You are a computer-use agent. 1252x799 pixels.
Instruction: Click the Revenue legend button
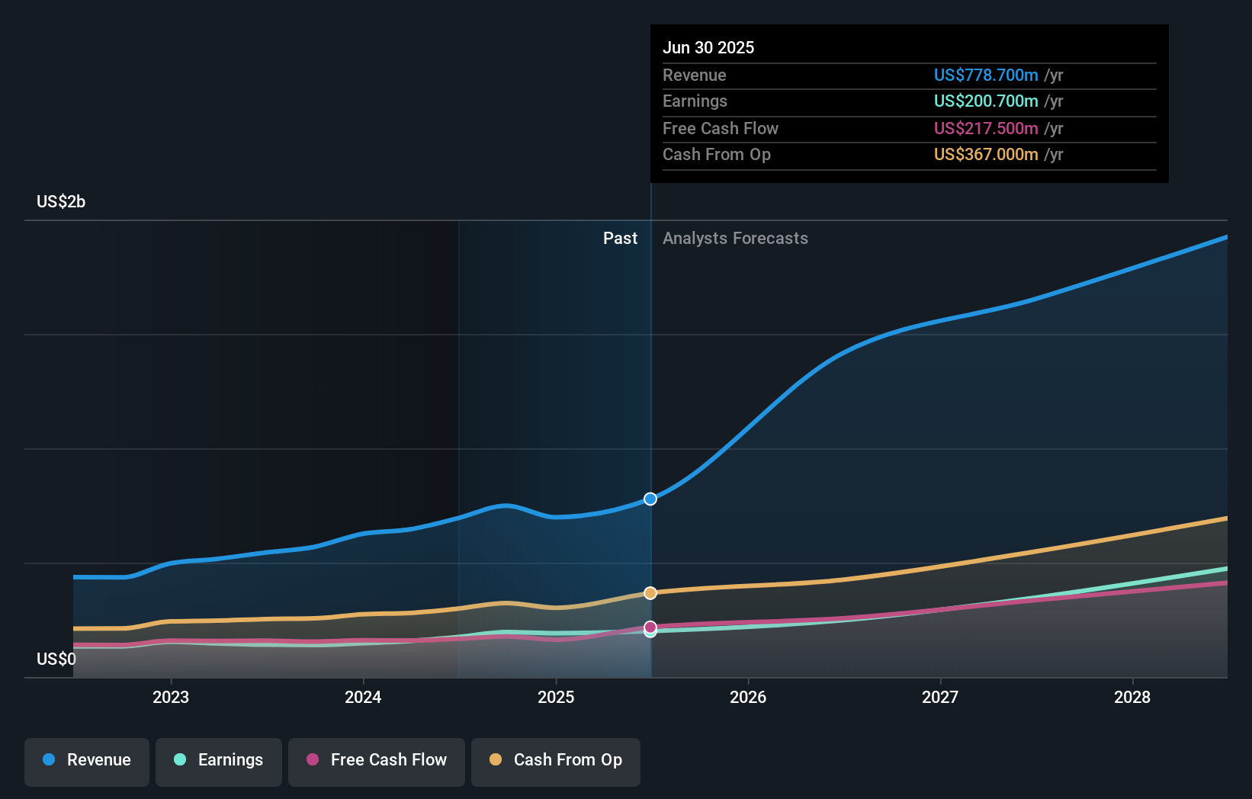click(x=87, y=761)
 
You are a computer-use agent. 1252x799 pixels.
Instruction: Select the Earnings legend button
click(x=219, y=761)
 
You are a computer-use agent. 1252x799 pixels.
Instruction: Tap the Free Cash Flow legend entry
click(x=377, y=761)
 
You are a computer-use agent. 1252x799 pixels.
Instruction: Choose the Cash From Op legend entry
click(x=556, y=761)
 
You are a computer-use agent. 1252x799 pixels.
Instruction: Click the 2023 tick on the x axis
click(x=171, y=697)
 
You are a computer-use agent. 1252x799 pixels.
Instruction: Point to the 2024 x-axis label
click(x=363, y=697)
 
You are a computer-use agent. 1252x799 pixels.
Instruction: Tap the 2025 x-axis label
click(x=556, y=697)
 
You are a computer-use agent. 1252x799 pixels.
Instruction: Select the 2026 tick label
click(x=748, y=697)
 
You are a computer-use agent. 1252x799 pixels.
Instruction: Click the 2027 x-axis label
click(x=940, y=697)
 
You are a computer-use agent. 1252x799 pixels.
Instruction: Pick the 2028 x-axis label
click(x=1132, y=697)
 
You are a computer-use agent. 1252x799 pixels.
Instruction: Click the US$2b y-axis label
click(x=61, y=202)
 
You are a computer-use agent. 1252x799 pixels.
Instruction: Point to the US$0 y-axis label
click(x=56, y=659)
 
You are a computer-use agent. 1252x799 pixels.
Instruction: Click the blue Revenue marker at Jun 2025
click(x=650, y=499)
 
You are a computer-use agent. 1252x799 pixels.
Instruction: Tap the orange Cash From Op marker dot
click(x=650, y=593)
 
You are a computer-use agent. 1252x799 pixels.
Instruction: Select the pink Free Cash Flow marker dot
click(x=650, y=627)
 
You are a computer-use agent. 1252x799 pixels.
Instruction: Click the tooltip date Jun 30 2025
click(x=708, y=48)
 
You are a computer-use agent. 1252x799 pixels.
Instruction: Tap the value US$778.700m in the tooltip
click(x=986, y=75)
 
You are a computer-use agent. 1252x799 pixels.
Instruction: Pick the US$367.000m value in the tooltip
click(x=986, y=155)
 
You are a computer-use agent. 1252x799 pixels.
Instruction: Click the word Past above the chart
click(x=620, y=239)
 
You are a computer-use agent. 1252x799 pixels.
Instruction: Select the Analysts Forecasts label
click(x=735, y=239)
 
